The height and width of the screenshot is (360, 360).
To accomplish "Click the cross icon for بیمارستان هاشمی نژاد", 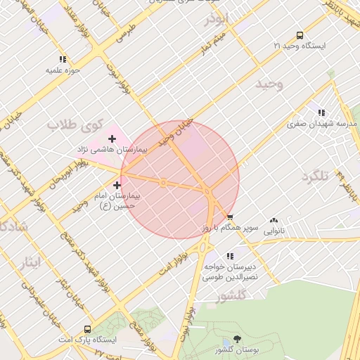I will click(112, 139).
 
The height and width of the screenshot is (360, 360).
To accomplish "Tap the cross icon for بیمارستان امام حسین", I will click(116, 184).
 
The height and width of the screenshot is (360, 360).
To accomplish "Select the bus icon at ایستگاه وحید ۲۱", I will click(300, 34).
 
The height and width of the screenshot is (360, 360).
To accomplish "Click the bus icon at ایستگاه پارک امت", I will click(87, 329).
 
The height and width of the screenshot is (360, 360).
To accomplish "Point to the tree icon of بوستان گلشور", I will click(236, 340).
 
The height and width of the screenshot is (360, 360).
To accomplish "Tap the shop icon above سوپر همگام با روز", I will click(230, 217).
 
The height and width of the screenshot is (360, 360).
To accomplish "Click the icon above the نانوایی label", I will click(273, 219).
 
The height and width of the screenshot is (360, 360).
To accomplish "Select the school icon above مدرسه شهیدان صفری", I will click(321, 112).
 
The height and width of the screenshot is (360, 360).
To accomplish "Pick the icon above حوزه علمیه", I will click(63, 60).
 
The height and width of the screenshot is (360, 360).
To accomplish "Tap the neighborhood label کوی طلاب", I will click(72, 124).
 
